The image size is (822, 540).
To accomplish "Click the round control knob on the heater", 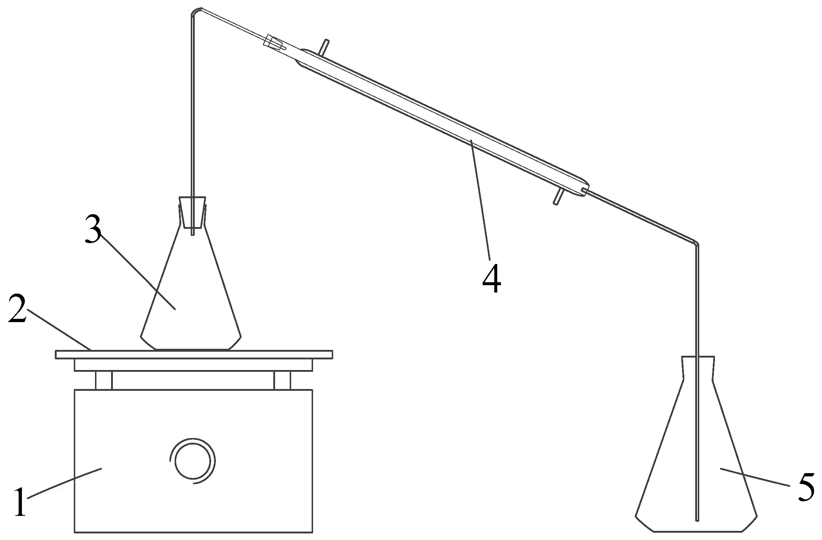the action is pos(193,461).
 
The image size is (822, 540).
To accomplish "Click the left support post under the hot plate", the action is pos(104,381).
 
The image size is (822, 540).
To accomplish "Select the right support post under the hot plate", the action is pos(282,381).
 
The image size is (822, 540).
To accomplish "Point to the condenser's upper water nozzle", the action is pos(324,47).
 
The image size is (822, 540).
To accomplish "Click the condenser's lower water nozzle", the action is pos(558,197).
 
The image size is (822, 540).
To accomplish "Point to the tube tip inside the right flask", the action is pos(697,519).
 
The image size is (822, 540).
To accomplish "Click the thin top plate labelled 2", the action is pos(194,354).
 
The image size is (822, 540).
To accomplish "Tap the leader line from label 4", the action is pos(480,199).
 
